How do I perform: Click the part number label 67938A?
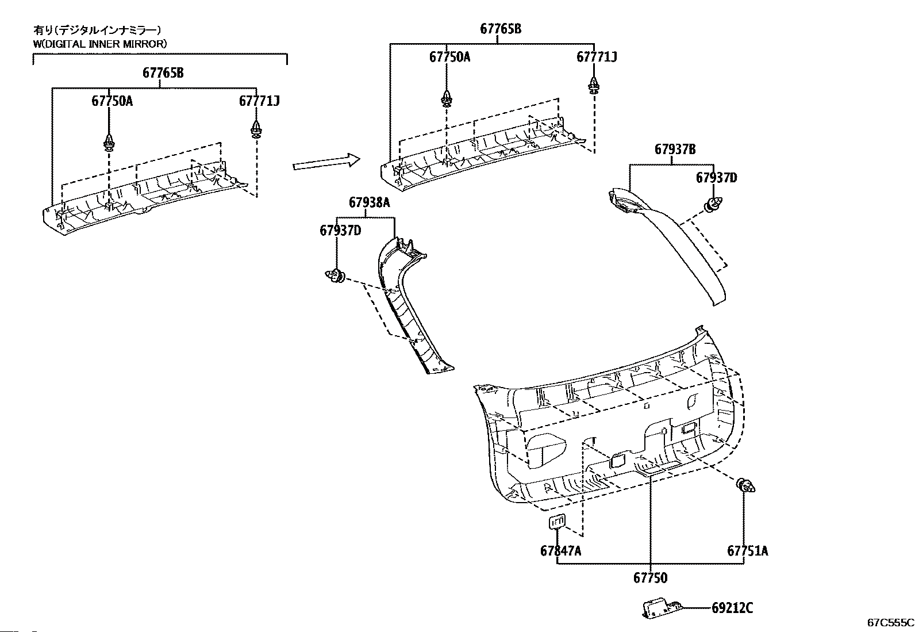point(370,202)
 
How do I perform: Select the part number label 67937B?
point(675,149)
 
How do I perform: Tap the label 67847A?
point(560,551)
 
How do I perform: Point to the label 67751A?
point(747,551)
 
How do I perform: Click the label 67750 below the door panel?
point(650,577)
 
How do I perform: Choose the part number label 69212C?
point(732,607)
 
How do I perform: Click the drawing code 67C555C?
point(890,622)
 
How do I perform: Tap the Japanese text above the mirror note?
point(97,30)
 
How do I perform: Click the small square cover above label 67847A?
point(557,522)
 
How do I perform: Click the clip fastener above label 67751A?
point(746,486)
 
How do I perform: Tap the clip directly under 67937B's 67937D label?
point(713,203)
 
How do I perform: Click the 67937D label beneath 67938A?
point(340,231)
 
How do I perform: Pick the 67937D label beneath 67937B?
point(716,178)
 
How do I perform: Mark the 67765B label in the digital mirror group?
point(163,73)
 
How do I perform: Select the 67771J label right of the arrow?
point(597,57)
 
